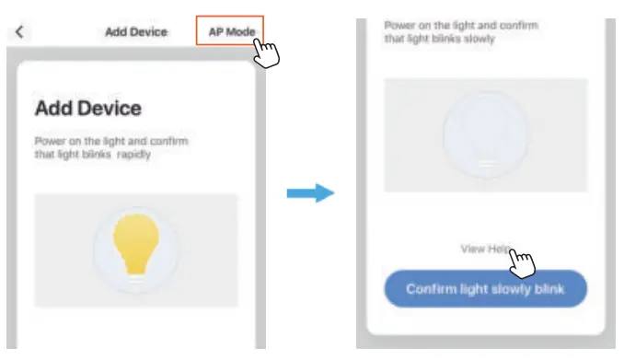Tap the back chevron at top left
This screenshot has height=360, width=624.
pyautogui.click(x=20, y=31)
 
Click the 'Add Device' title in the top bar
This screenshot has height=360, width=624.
pyautogui.click(x=136, y=31)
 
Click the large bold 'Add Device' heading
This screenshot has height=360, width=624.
pyautogui.click(x=88, y=109)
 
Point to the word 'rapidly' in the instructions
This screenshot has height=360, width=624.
pyautogui.click(x=133, y=154)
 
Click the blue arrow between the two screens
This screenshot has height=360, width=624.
pyautogui.click(x=308, y=193)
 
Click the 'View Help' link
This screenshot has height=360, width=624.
pyautogui.click(x=482, y=249)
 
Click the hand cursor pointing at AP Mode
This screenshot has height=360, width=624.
pyautogui.click(x=265, y=52)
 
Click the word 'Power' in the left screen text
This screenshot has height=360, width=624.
pyautogui.click(x=49, y=142)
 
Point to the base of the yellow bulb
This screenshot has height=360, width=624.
pyautogui.click(x=135, y=269)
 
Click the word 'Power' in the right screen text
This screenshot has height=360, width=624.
pyautogui.click(x=399, y=25)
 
